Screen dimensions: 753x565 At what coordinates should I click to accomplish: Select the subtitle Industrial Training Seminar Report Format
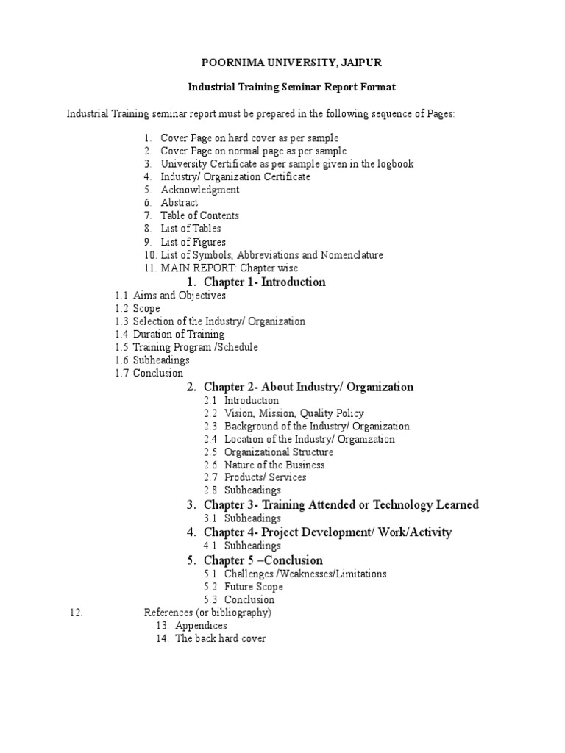click(x=282, y=87)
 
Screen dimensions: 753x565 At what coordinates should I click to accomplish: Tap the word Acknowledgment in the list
click(x=200, y=190)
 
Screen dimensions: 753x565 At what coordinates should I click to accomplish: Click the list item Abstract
click(x=180, y=202)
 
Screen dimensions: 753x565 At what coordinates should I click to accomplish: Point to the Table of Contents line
click(x=200, y=215)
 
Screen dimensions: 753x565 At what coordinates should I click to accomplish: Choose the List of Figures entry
click(x=193, y=242)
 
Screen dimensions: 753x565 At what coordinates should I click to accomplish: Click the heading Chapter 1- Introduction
click(x=264, y=282)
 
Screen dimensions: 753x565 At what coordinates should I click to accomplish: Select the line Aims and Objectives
click(x=180, y=296)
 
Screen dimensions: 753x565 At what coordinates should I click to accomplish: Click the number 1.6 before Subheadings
click(x=121, y=360)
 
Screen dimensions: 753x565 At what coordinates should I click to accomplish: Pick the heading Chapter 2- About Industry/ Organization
click(x=308, y=387)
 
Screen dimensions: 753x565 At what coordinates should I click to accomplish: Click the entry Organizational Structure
click(x=279, y=452)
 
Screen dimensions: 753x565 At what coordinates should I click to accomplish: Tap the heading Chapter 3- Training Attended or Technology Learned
click(x=341, y=504)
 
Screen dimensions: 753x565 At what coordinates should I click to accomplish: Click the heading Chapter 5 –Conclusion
click(x=263, y=560)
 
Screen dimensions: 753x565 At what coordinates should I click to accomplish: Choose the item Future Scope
click(x=254, y=587)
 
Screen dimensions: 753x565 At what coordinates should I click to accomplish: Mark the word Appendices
click(x=201, y=626)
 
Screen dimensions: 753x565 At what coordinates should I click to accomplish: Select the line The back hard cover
click(x=220, y=639)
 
